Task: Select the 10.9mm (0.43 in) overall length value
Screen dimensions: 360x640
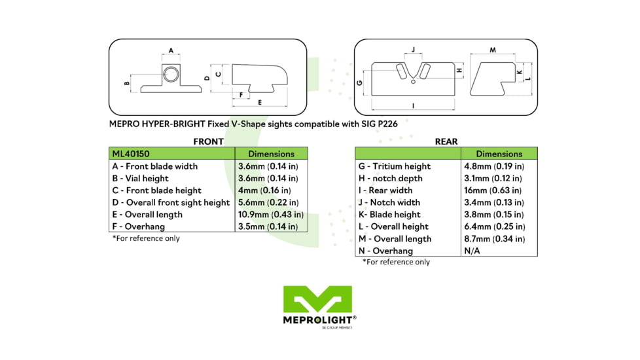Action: tap(270, 214)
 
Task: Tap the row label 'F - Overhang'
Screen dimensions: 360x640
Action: tap(139, 226)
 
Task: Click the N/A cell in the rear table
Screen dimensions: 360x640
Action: tap(472, 251)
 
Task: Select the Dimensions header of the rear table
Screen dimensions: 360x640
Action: tap(499, 154)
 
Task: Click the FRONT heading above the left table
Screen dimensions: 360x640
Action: tap(208, 141)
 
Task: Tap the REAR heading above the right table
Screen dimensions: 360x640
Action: tap(446, 141)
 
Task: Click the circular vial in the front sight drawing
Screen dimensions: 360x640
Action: tap(170, 74)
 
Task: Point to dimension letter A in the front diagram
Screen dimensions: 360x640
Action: tap(171, 50)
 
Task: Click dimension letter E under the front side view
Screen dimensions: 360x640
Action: tap(260, 103)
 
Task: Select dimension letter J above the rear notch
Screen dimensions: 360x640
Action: tap(413, 50)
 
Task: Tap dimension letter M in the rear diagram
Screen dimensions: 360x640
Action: tap(492, 50)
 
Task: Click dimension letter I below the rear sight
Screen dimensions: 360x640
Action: tap(413, 105)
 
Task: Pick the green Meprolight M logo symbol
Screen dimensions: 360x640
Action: tap(317, 299)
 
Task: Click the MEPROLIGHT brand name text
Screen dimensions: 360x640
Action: tap(317, 319)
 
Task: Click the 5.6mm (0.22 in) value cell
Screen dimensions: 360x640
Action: tap(268, 202)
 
